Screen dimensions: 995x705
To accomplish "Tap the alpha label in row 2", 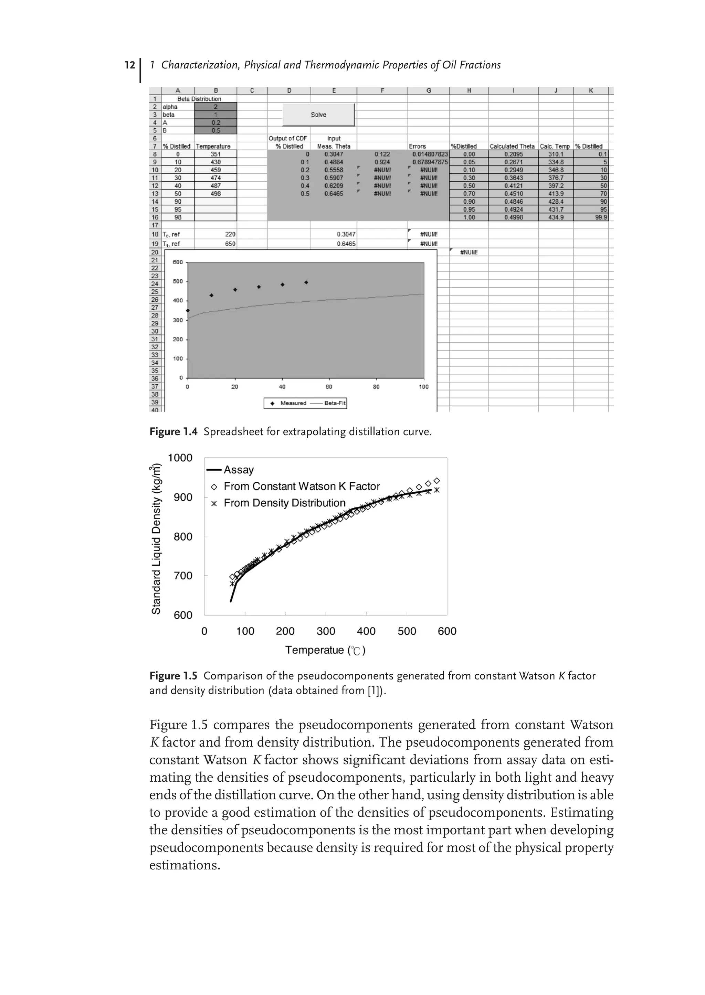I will tap(170, 107).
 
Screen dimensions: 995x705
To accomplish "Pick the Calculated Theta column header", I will tap(512, 146).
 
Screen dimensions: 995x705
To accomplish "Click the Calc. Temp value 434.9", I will tap(556, 217).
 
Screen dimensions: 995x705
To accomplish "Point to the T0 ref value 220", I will tap(230, 234).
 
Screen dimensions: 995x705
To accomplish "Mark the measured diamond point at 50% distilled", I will tap(306, 282).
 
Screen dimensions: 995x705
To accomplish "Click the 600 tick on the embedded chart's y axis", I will tap(178, 262).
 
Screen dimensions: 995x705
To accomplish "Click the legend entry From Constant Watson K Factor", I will tap(301, 486).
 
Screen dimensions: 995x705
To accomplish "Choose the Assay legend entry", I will tap(238, 470).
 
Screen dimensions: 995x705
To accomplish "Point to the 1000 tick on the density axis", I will tap(180, 458).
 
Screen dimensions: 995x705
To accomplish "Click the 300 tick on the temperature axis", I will tap(326, 631).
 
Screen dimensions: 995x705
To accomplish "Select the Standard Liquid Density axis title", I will tap(156, 539).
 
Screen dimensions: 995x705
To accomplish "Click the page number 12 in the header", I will tap(129, 65).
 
